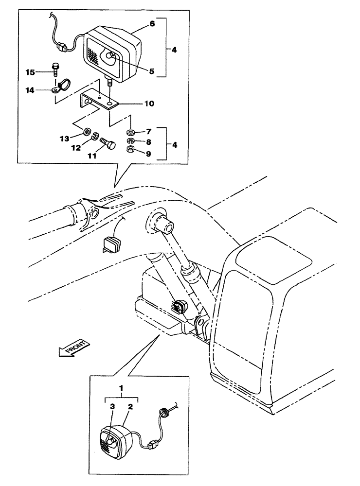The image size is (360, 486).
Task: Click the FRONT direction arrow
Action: (72, 348)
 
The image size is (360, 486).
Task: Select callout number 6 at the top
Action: (152, 23)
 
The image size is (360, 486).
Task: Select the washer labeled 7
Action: (130, 132)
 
